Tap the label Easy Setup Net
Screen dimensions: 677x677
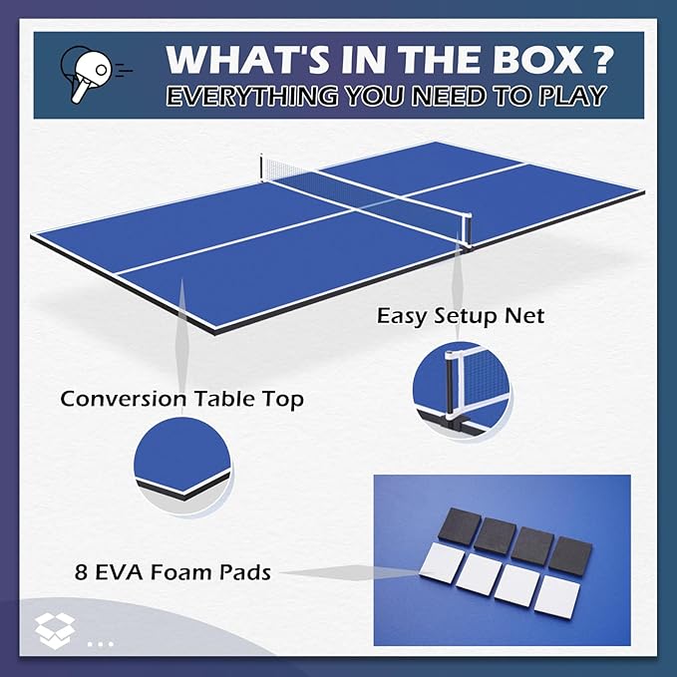tap(460, 316)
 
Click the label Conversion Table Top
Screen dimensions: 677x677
tap(181, 399)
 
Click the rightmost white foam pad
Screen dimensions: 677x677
tap(556, 597)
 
